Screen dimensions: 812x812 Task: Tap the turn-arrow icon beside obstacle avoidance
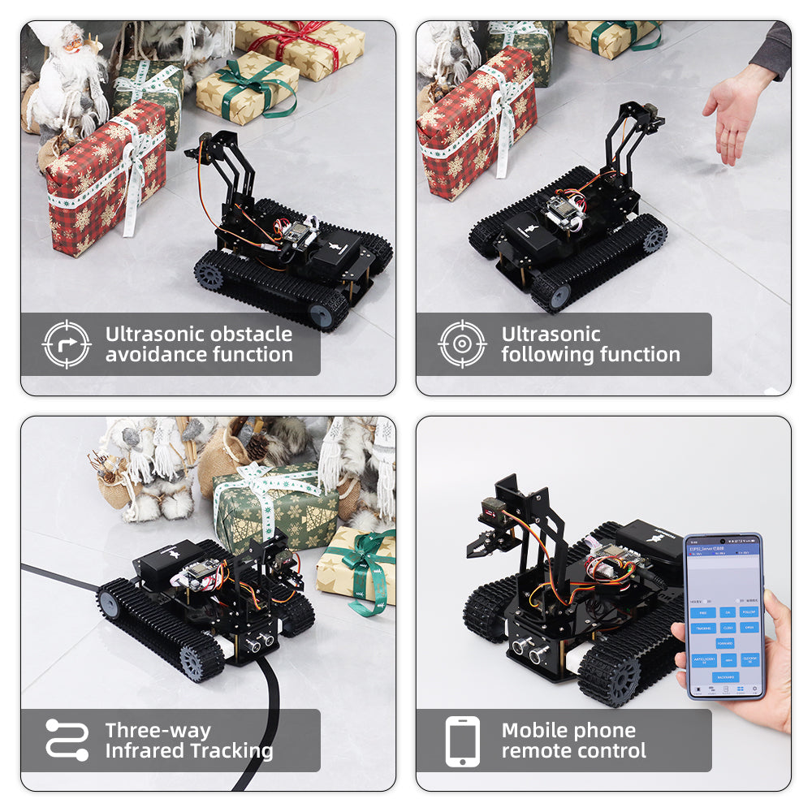[x=66, y=344]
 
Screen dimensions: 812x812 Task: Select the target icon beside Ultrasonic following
[x=462, y=344]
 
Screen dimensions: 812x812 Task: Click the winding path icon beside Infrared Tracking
[x=67, y=740]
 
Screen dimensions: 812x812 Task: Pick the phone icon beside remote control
[x=462, y=741]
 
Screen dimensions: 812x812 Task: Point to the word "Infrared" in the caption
[x=144, y=751]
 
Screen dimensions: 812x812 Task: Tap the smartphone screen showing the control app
[x=725, y=617]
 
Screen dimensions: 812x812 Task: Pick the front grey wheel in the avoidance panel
[x=322, y=315]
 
